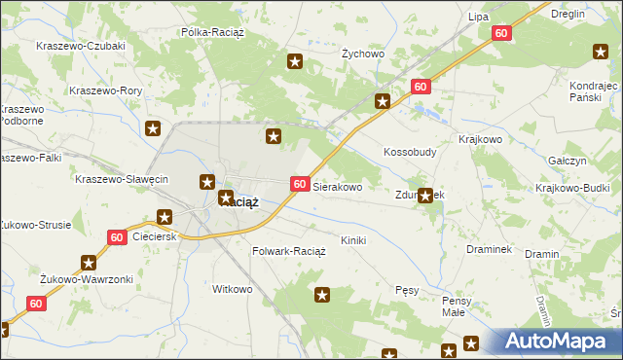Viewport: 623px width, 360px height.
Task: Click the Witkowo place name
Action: [x=233, y=289]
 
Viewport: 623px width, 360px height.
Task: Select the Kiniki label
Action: [x=352, y=239]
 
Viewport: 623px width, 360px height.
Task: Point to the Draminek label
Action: [x=489, y=249]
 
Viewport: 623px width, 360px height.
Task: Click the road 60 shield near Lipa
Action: [x=501, y=33]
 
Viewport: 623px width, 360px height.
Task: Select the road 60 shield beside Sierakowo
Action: [x=300, y=184]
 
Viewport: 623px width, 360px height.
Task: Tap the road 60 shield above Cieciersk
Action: [x=117, y=236]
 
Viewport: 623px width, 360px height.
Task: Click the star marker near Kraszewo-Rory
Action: [x=153, y=127]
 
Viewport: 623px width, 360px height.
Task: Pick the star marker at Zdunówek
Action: [x=425, y=196]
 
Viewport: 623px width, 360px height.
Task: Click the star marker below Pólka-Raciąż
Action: [x=295, y=63]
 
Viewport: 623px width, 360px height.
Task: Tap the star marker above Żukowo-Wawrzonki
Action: [x=90, y=262]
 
